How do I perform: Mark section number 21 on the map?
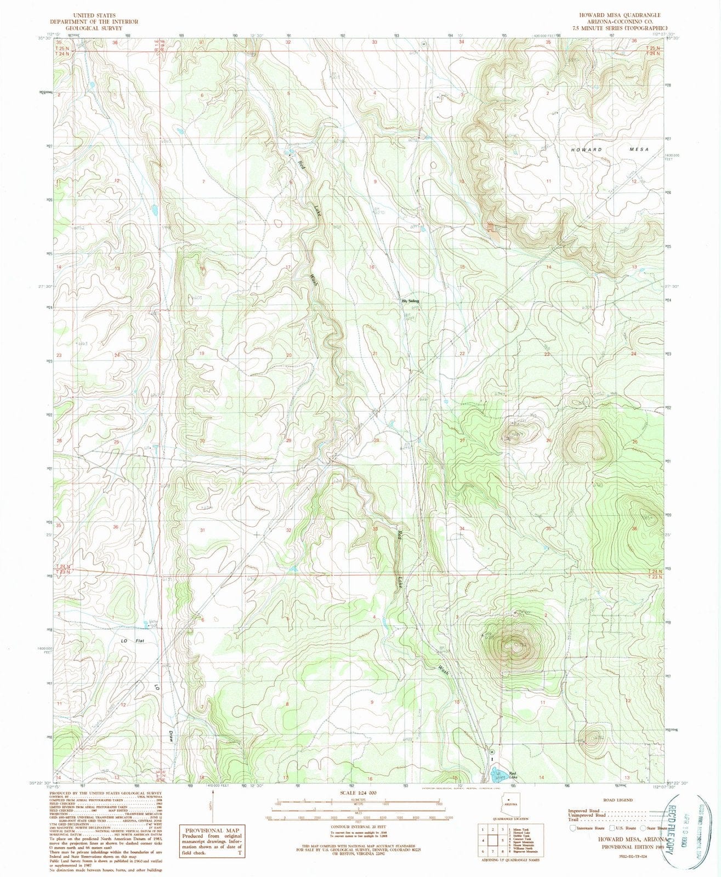click(x=376, y=354)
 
